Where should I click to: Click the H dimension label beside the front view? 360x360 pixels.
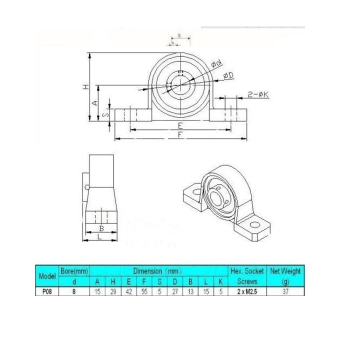pos(85,87)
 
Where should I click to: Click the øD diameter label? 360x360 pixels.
pos(226,75)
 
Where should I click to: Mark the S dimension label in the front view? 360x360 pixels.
pos(105,115)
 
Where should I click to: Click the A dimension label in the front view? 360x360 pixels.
pos(94,102)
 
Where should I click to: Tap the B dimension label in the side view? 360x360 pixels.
pos(101,228)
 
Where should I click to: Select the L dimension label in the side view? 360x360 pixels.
pos(101,237)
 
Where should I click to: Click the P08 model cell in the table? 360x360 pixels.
pos(46,293)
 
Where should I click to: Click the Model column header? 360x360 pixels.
pos(46,276)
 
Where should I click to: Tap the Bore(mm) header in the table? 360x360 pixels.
pos(74,271)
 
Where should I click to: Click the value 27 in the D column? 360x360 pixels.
pos(174,293)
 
